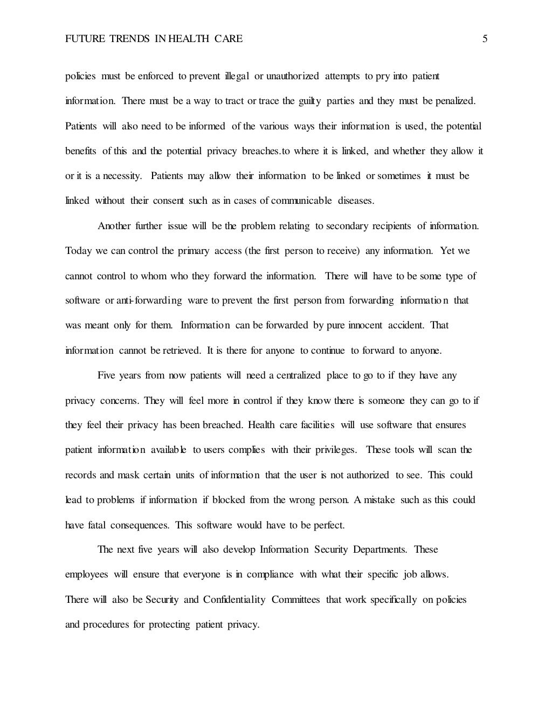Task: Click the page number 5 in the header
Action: (x=485, y=39)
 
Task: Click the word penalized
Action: (x=456, y=101)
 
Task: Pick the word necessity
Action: (x=119, y=176)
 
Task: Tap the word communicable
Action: (x=301, y=201)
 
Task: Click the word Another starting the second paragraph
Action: (x=114, y=226)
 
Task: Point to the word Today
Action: (x=79, y=251)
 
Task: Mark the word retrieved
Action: (x=182, y=350)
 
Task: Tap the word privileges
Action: (x=334, y=450)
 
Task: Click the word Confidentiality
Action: (x=234, y=600)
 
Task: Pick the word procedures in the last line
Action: (x=106, y=624)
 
